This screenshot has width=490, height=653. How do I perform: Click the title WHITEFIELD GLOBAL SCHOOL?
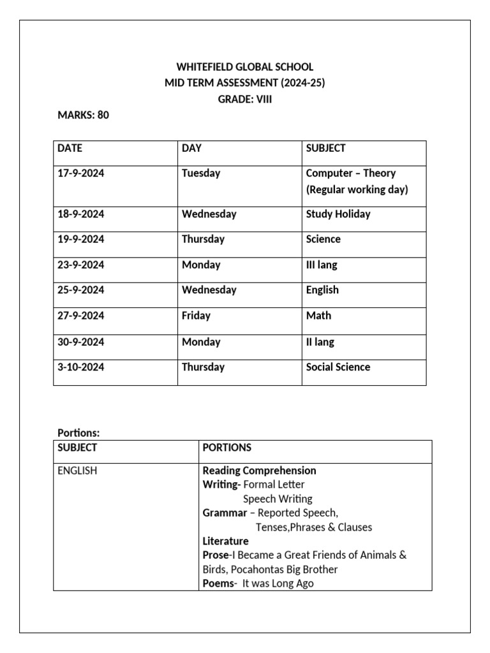pyautogui.click(x=245, y=67)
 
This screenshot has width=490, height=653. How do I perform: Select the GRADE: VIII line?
pyautogui.click(x=245, y=99)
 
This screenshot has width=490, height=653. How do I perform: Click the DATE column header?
pyautogui.click(x=70, y=148)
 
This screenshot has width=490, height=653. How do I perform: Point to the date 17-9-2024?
pyautogui.click(x=80, y=173)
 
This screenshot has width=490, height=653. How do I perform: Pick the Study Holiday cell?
pyautogui.click(x=338, y=214)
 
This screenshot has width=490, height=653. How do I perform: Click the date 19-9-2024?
pyautogui.click(x=80, y=239)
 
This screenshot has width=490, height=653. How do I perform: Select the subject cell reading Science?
pyautogui.click(x=323, y=239)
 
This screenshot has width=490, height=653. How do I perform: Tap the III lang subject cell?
pyautogui.click(x=322, y=265)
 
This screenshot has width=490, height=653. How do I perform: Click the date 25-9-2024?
pyautogui.click(x=80, y=290)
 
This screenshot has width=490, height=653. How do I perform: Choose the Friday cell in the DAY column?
pyautogui.click(x=196, y=315)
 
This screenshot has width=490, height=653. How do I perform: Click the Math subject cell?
pyautogui.click(x=318, y=315)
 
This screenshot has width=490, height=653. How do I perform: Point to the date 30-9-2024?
pyautogui.click(x=80, y=342)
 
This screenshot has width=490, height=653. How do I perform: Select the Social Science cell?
pyautogui.click(x=338, y=367)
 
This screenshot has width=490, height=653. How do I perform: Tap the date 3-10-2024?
pyautogui.click(x=80, y=367)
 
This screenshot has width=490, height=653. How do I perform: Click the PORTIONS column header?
pyautogui.click(x=227, y=448)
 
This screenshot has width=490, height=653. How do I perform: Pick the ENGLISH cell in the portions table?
pyautogui.click(x=77, y=471)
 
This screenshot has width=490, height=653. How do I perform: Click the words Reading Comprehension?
pyautogui.click(x=259, y=471)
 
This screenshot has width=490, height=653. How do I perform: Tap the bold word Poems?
pyautogui.click(x=217, y=583)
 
